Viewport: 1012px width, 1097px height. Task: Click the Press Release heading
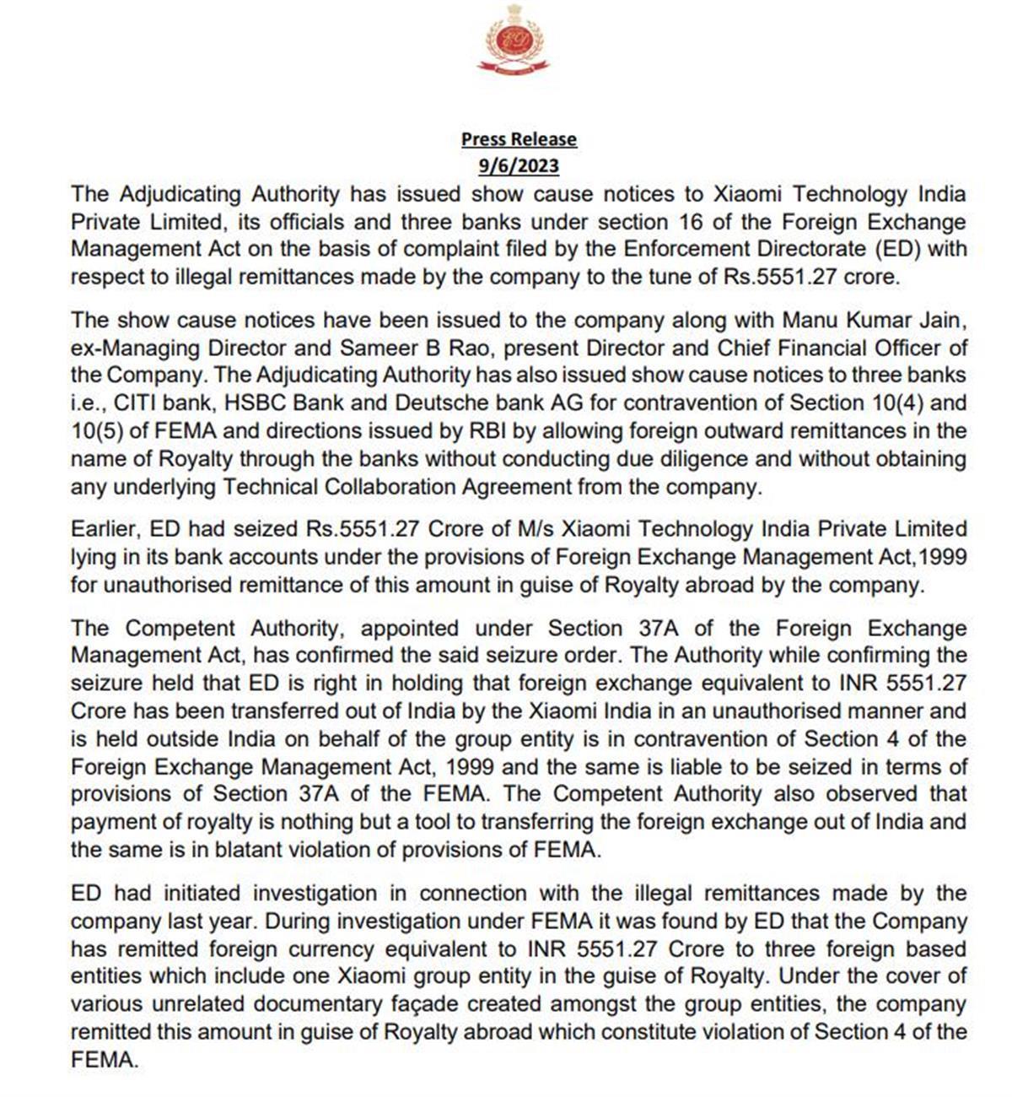pyautogui.click(x=519, y=139)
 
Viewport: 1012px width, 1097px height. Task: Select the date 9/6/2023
pyautogui.click(x=519, y=165)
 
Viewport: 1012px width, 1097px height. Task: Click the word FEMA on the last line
pyautogui.click(x=103, y=1060)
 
